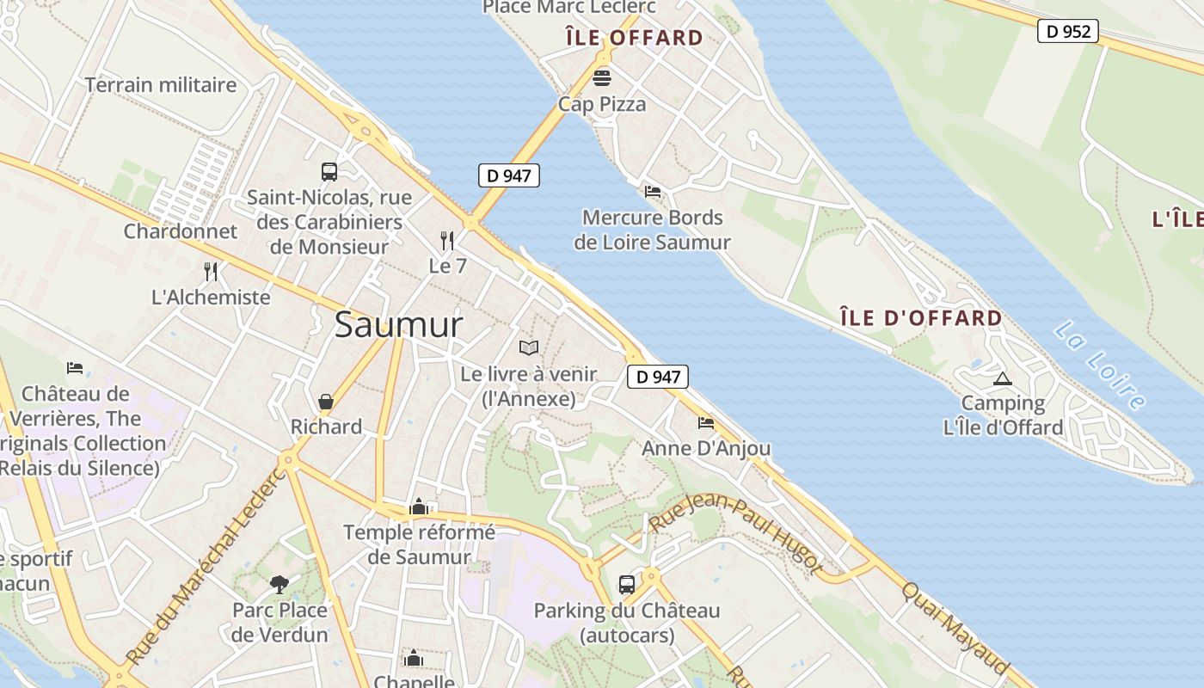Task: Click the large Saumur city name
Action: tap(398, 325)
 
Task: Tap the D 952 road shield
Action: tap(1067, 32)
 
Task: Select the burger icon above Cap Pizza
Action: tap(602, 78)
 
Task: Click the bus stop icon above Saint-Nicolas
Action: tap(329, 171)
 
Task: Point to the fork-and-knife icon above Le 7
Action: tap(447, 240)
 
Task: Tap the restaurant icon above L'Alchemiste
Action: tap(211, 272)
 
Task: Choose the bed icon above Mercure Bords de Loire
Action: tap(653, 191)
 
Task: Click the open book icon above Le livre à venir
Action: tap(529, 347)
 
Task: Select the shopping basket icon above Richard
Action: tap(326, 402)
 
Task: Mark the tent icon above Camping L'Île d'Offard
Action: tap(1002, 378)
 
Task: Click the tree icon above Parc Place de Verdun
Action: tap(279, 585)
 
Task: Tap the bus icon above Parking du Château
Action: tap(627, 585)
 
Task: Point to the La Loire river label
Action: tap(1100, 365)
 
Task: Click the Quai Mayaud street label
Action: tap(955, 629)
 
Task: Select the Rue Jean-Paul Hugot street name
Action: tap(735, 532)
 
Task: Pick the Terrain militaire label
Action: tap(161, 85)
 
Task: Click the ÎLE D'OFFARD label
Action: tap(921, 318)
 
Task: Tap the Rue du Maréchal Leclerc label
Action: tap(205, 568)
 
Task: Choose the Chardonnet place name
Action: tap(180, 231)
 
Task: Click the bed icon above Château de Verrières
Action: tap(75, 368)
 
